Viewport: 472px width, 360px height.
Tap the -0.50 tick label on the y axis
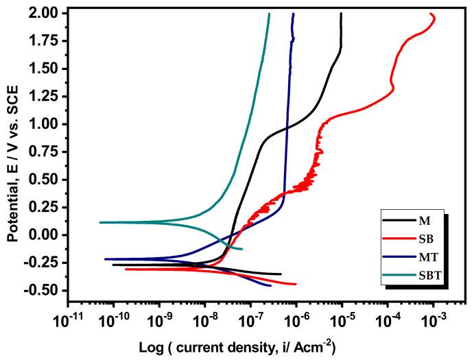tap(45, 290)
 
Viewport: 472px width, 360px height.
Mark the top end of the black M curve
tap(341, 13)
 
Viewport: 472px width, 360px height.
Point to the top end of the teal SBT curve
tap(269, 13)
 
